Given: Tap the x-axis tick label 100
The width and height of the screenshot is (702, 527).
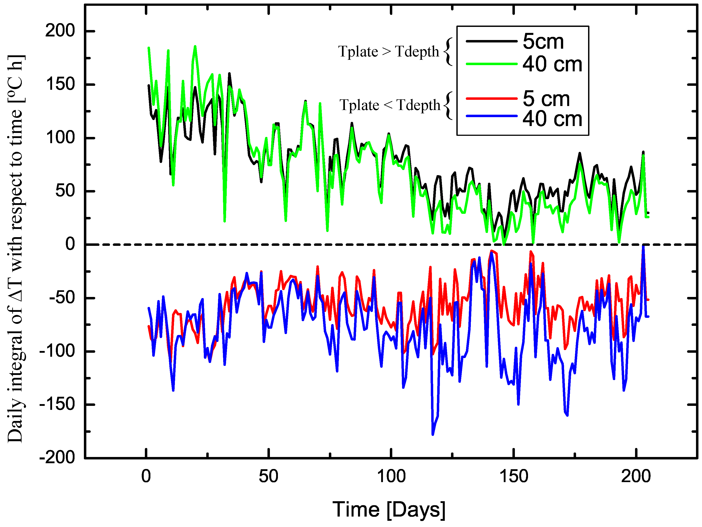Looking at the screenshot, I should click(x=391, y=476).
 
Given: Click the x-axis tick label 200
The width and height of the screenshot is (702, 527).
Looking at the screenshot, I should click(x=636, y=476).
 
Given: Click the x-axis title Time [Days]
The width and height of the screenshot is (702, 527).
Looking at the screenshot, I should click(x=388, y=510).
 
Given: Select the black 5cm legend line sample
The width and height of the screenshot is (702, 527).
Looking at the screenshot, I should click(x=491, y=41).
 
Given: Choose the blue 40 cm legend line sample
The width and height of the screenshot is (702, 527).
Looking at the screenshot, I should click(x=491, y=116).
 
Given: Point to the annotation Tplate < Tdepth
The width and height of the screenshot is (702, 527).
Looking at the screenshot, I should click(x=390, y=105).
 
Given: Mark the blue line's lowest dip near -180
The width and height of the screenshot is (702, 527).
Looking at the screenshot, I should click(x=433, y=434).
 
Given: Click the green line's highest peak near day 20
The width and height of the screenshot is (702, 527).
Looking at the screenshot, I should click(x=195, y=46).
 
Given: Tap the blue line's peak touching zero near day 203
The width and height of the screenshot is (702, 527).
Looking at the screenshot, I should click(x=643, y=246).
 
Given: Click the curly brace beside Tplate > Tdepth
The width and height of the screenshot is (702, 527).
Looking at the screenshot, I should click(x=448, y=51).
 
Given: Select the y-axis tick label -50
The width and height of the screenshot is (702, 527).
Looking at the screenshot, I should click(x=62, y=298).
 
